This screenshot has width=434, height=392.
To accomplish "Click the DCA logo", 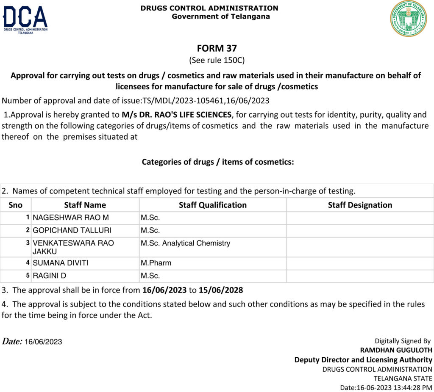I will click(x=25, y=19).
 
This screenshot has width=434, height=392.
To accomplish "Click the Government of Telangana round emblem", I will click(x=408, y=19).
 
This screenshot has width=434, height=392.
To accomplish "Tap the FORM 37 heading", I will click(x=217, y=48).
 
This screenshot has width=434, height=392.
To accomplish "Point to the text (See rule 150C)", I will click(x=217, y=60).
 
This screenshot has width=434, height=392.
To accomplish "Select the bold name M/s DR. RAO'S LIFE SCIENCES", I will click(x=177, y=115).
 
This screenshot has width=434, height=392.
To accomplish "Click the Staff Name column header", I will click(x=85, y=205).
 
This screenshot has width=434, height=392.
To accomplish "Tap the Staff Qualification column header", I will click(x=212, y=205).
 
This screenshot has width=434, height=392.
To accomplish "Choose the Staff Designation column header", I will click(x=360, y=205).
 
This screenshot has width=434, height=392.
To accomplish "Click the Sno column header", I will click(x=16, y=205).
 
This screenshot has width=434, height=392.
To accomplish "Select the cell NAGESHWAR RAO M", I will click(x=71, y=218).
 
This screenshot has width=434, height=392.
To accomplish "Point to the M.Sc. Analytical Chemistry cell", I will click(x=186, y=243).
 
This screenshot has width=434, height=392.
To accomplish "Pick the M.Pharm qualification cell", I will click(x=156, y=263).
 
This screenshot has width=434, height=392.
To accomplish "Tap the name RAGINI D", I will click(x=50, y=276).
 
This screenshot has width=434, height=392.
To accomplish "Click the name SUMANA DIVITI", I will click(x=61, y=263).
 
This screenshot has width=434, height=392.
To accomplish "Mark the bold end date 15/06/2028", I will click(x=221, y=290).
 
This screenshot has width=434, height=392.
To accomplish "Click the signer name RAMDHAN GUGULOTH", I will click(x=396, y=350).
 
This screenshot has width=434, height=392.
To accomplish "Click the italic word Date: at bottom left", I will click(x=12, y=341).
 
